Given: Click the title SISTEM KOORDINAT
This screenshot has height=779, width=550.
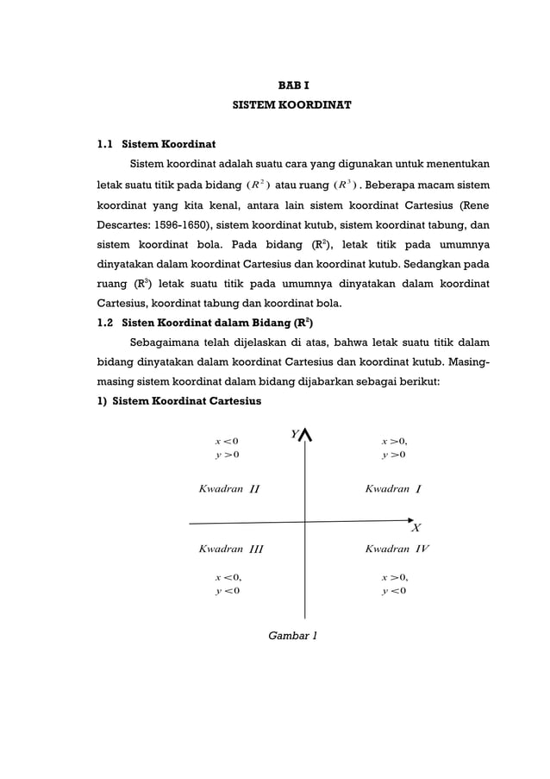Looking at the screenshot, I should pos(292,109).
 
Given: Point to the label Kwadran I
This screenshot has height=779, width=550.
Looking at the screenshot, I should pos(392,489).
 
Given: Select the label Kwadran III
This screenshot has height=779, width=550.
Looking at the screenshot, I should pos(230,549).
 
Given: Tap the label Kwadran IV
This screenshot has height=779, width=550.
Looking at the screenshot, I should pos(397,549).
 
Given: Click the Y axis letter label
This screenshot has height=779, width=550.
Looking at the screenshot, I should pos(294,435).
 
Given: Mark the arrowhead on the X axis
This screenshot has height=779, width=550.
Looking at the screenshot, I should pos(409,520).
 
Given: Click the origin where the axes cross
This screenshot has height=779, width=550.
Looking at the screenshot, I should pos(305,522).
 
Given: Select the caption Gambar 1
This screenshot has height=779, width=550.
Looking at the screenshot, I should pos(292,636).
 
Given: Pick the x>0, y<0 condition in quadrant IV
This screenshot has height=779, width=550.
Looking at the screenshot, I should pos(394,584).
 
